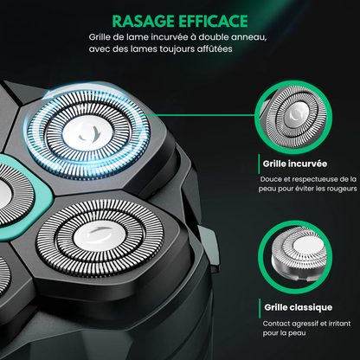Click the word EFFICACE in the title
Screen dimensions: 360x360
click(x=213, y=22)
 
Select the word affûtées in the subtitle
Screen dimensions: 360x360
click(x=215, y=48)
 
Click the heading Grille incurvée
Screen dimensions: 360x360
click(x=295, y=164)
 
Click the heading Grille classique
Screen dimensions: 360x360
click(x=299, y=307)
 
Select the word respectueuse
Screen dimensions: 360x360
click(x=316, y=179)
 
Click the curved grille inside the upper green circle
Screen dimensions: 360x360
click(x=293, y=118)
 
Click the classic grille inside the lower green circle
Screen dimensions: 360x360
click(x=299, y=254)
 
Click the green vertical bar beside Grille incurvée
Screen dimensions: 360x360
click(x=259, y=164)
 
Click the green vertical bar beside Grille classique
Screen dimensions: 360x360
click(x=260, y=308)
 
